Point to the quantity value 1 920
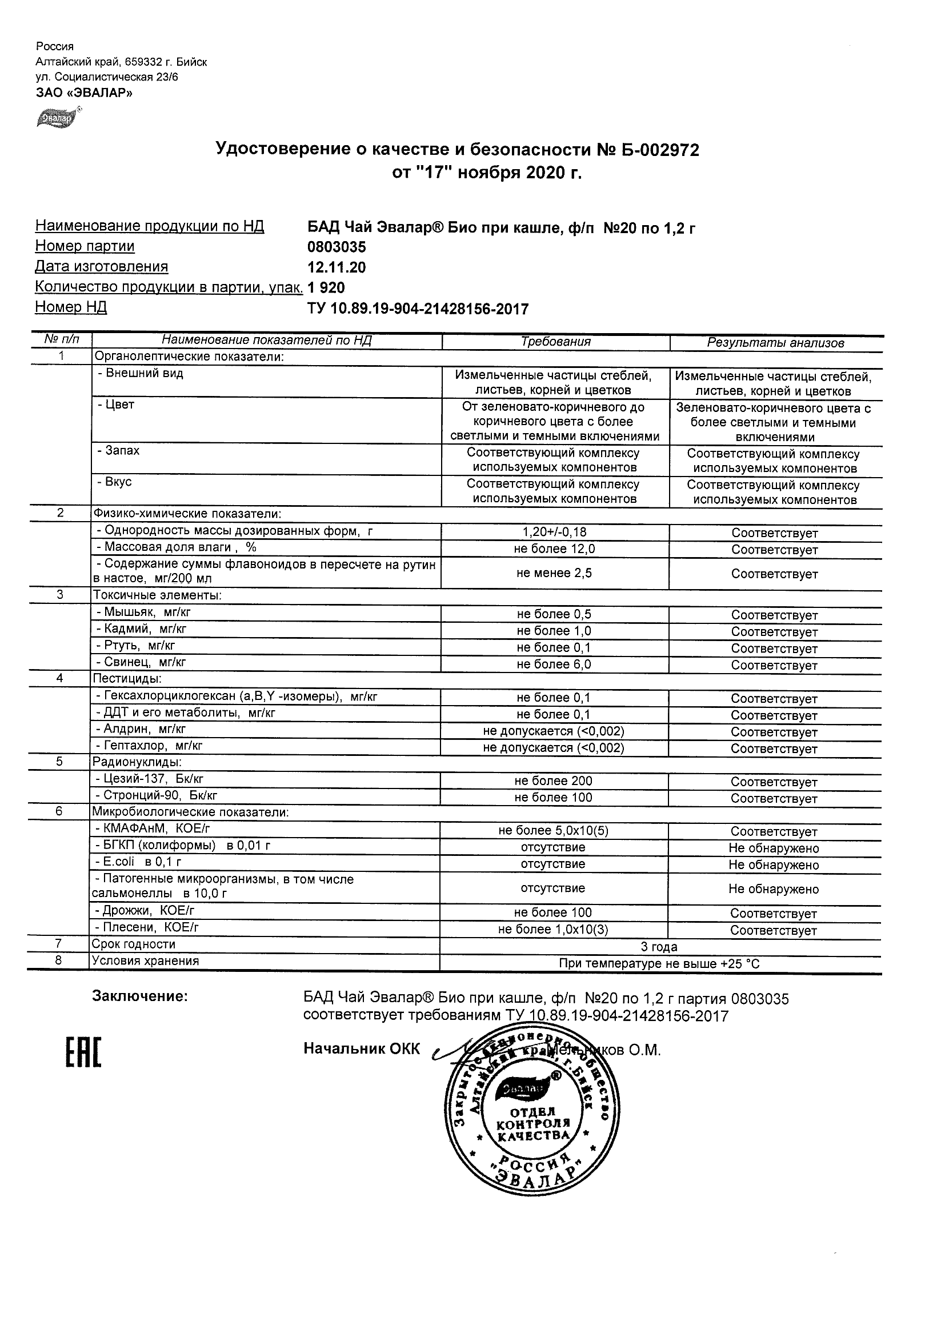pyautogui.click(x=326, y=287)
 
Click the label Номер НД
pyautogui.click(x=71, y=307)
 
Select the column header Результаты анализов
pyautogui.click(x=775, y=343)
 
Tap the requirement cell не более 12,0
pyautogui.click(x=555, y=549)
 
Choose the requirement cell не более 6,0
pyautogui.click(x=554, y=665)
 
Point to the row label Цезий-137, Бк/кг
pyautogui.click(x=150, y=779)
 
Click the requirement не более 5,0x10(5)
pyautogui.click(x=553, y=831)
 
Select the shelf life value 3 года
pyautogui.click(x=659, y=947)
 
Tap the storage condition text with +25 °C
pyautogui.click(x=659, y=964)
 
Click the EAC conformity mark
pyautogui.click(x=83, y=1052)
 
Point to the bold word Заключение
pyautogui.click(x=140, y=996)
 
